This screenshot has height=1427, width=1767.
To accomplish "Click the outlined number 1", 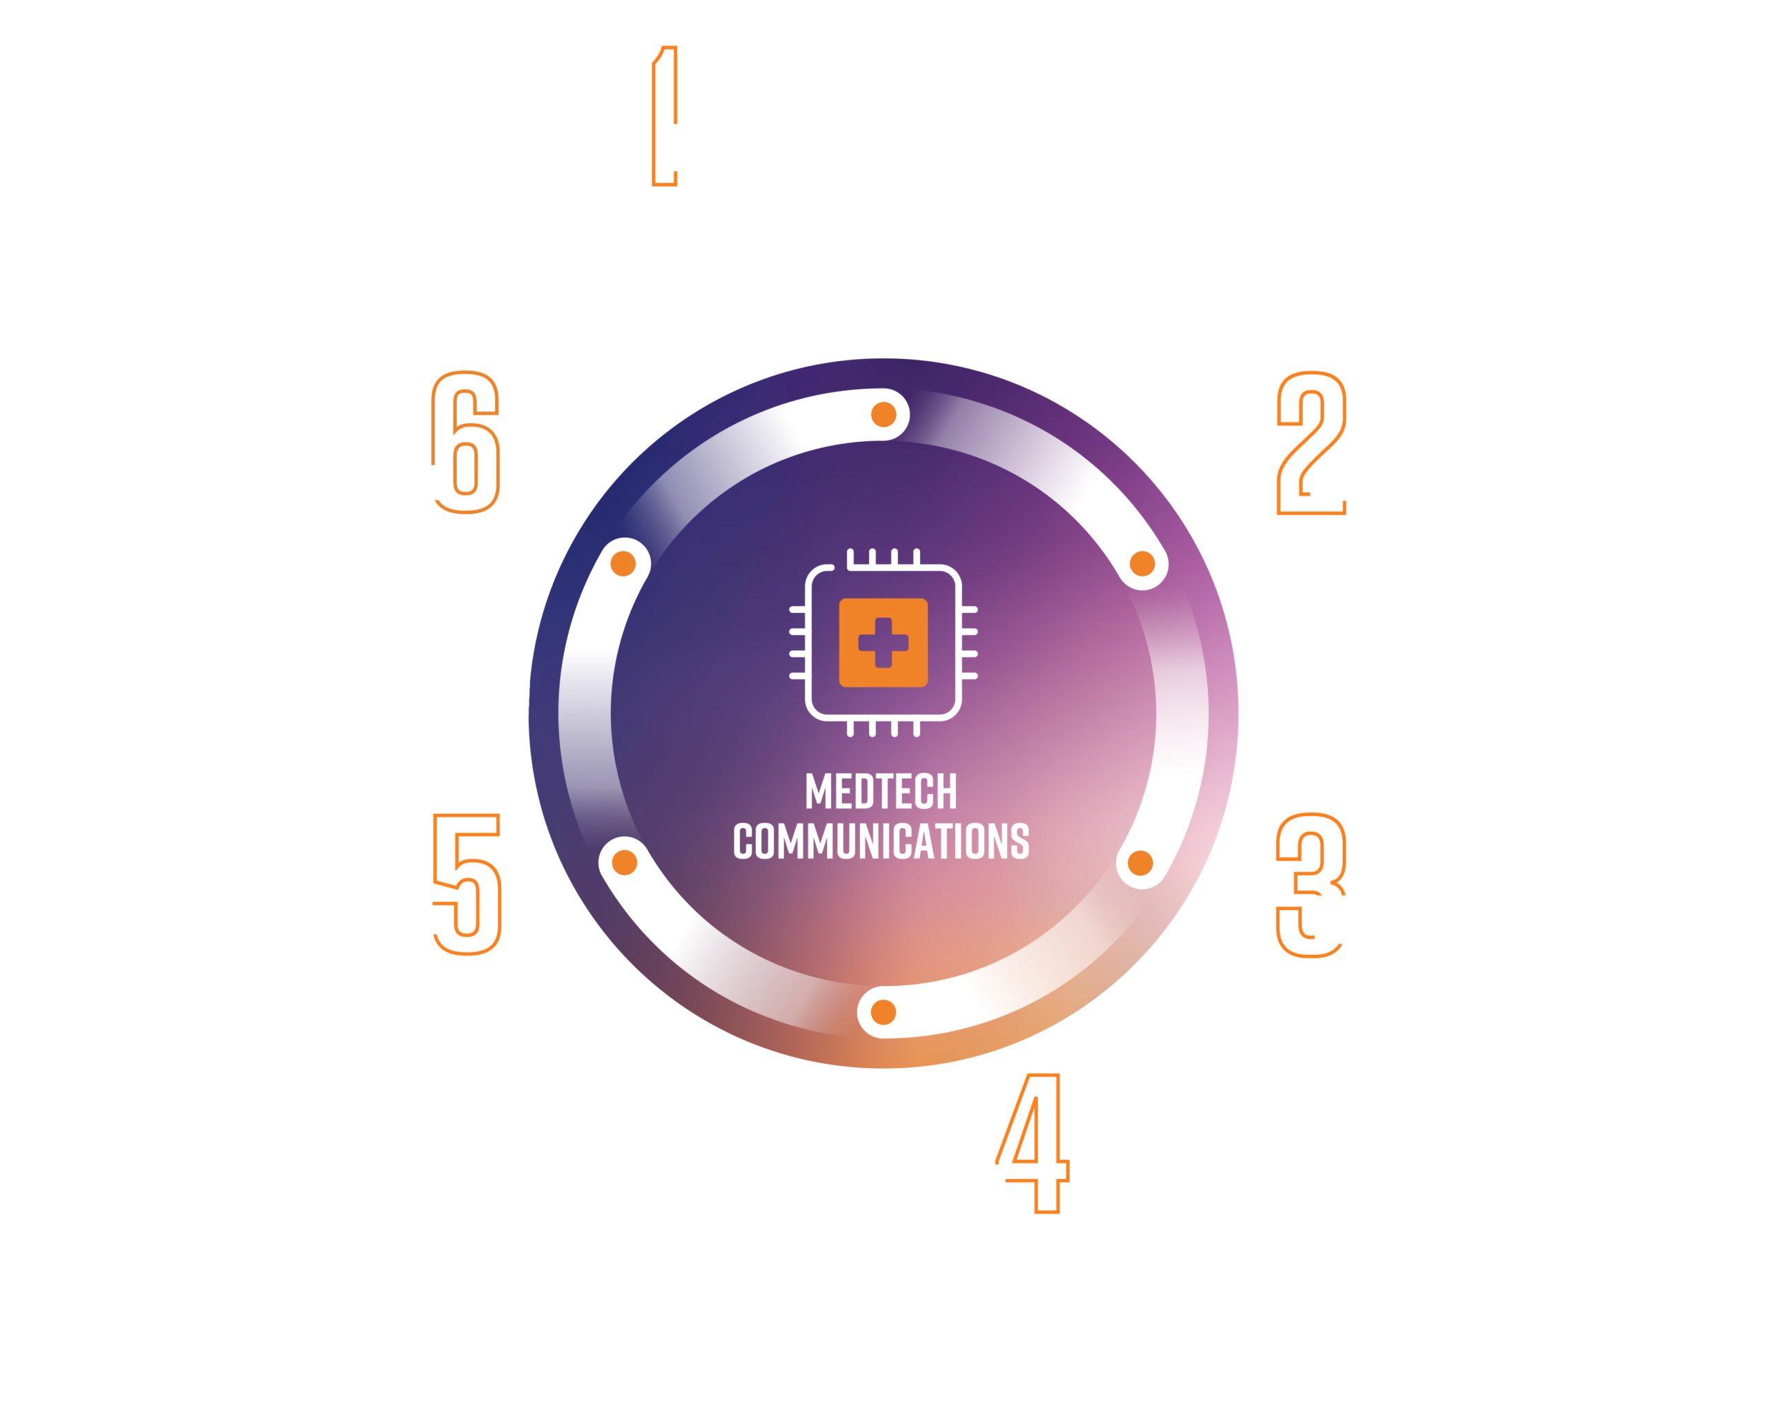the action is click(x=664, y=116).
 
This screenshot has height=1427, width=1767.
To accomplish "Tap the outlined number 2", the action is click(x=1311, y=443).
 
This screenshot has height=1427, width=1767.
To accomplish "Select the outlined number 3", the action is click(x=1310, y=885).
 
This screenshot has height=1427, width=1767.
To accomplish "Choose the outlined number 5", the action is click(x=467, y=884).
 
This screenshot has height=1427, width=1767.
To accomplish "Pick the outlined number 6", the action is click(x=465, y=443).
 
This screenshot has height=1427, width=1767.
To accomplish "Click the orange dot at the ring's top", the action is click(x=883, y=414).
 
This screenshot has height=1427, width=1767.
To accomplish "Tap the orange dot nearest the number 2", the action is click(x=1142, y=564).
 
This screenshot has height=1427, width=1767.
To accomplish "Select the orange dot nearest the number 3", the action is click(x=1141, y=863).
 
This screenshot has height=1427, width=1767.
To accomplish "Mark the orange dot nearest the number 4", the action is click(x=883, y=1013).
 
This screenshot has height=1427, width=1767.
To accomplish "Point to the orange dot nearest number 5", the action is click(x=625, y=863).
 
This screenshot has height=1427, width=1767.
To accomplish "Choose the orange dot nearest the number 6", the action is click(x=623, y=564).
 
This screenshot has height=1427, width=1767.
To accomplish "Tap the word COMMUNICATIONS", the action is click(x=881, y=841).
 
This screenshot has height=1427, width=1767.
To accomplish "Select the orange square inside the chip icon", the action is click(x=883, y=643).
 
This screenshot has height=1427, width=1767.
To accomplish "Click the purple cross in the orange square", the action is click(x=883, y=643).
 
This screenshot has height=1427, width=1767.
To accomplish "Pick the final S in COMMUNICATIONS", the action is click(x=1020, y=841).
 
